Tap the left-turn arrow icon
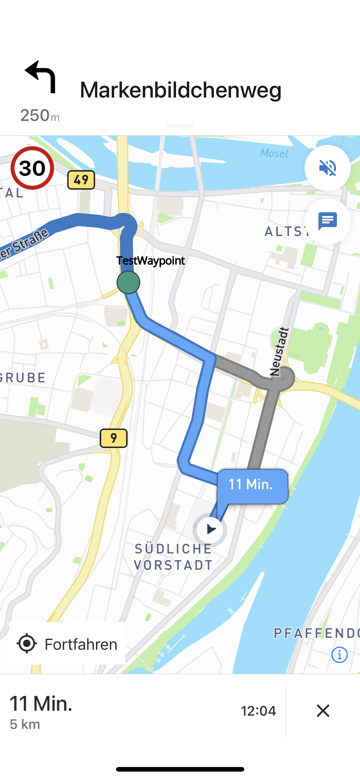tap(41, 77)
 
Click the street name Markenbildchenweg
tap(181, 90)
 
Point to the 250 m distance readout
tap(40, 116)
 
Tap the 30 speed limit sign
tap(32, 168)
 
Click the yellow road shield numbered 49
tap(81, 180)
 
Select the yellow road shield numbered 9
tap(114, 438)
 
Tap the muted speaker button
tap(327, 168)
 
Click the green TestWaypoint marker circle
tap(128, 282)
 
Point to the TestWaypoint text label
tap(150, 261)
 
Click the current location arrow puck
tap(210, 529)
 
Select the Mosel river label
tap(274, 153)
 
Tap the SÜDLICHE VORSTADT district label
tap(173, 557)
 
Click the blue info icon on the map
tap(339, 655)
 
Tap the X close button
tap(323, 711)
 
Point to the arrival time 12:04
tap(258, 711)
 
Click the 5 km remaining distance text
tap(25, 725)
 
